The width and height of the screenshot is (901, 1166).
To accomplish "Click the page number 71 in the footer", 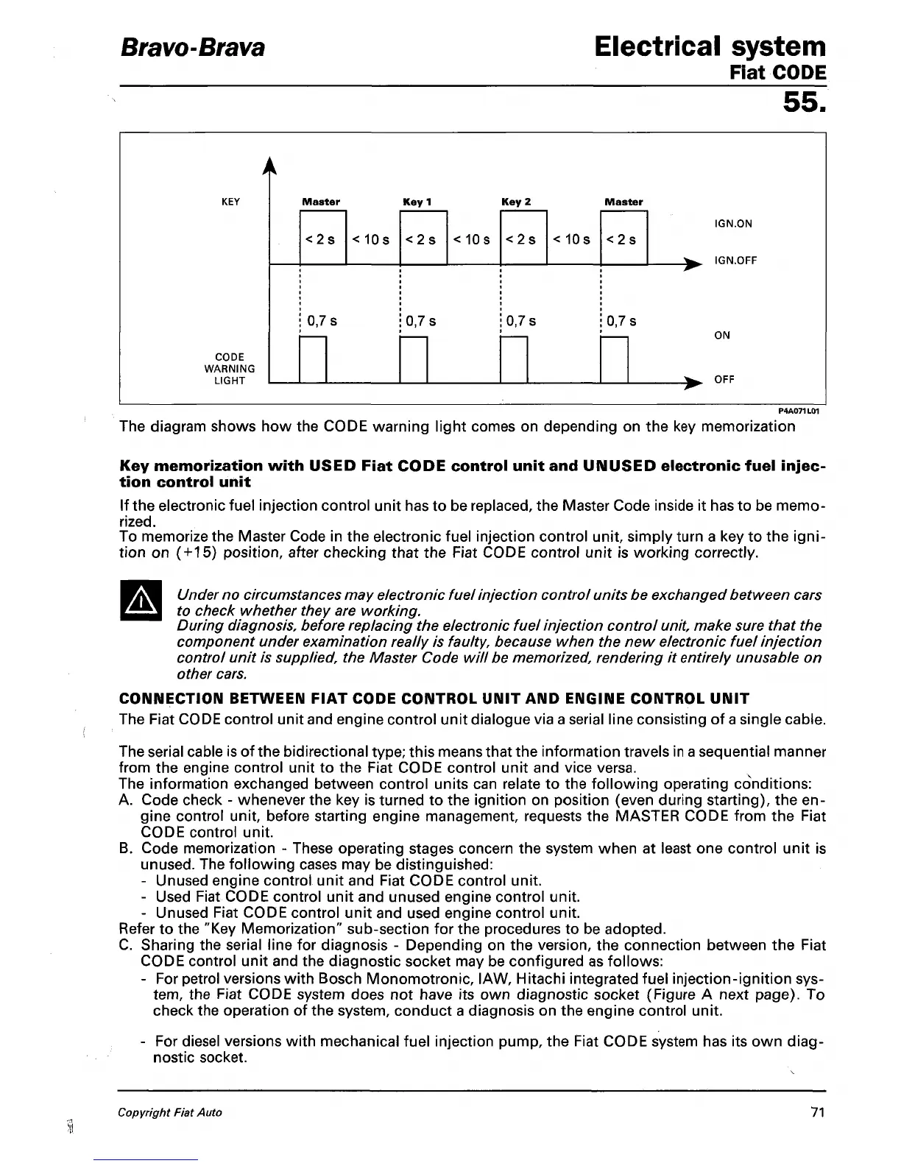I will [x=816, y=1112].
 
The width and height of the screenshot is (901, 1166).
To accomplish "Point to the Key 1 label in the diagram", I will [x=417, y=201].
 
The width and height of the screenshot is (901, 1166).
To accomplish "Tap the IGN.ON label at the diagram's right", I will [x=733, y=224].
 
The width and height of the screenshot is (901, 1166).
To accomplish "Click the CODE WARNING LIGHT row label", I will [x=229, y=369].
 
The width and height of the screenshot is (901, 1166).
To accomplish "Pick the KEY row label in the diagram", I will [x=230, y=201].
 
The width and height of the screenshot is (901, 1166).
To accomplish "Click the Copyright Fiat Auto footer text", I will [x=170, y=1112].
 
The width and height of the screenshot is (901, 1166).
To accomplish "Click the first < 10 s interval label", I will [x=370, y=239].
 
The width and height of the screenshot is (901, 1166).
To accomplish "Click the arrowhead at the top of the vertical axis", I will [x=271, y=168].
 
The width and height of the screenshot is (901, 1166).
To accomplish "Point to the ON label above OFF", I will [x=722, y=336].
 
